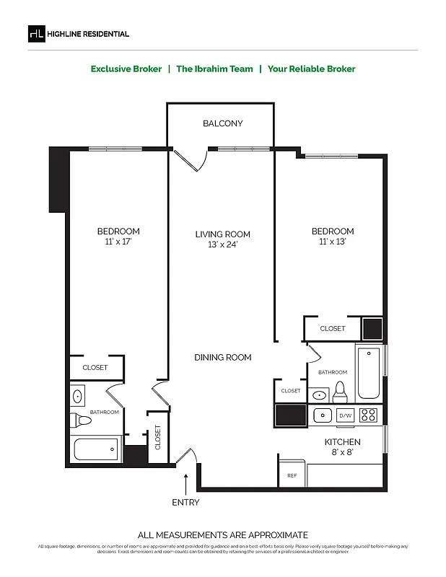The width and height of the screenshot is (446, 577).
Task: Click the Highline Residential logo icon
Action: tap(36, 33)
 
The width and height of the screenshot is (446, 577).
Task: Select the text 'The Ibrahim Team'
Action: tap(214, 69)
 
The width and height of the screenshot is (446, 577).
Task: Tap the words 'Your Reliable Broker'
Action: tap(311, 69)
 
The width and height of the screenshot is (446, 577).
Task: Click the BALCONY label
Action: tap(222, 123)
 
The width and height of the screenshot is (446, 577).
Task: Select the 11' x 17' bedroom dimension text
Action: tap(118, 242)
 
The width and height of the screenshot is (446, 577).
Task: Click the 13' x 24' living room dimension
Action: tap(222, 245)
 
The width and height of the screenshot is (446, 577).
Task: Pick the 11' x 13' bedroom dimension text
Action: tap(333, 242)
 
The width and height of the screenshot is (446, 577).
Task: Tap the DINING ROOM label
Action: tap(222, 357)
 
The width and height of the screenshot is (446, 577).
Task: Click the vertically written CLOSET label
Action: tap(158, 436)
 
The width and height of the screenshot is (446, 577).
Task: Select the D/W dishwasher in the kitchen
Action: tap(346, 415)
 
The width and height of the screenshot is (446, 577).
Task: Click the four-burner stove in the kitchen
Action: tap(368, 415)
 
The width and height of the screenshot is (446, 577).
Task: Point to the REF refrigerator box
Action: tap(292, 475)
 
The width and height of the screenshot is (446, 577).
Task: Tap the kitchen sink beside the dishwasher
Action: tap(323, 415)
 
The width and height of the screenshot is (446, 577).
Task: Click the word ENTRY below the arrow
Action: tap(185, 502)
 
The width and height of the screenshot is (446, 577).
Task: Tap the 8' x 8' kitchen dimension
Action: tap(342, 453)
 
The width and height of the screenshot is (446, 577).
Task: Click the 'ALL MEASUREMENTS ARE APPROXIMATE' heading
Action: tap(222, 534)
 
